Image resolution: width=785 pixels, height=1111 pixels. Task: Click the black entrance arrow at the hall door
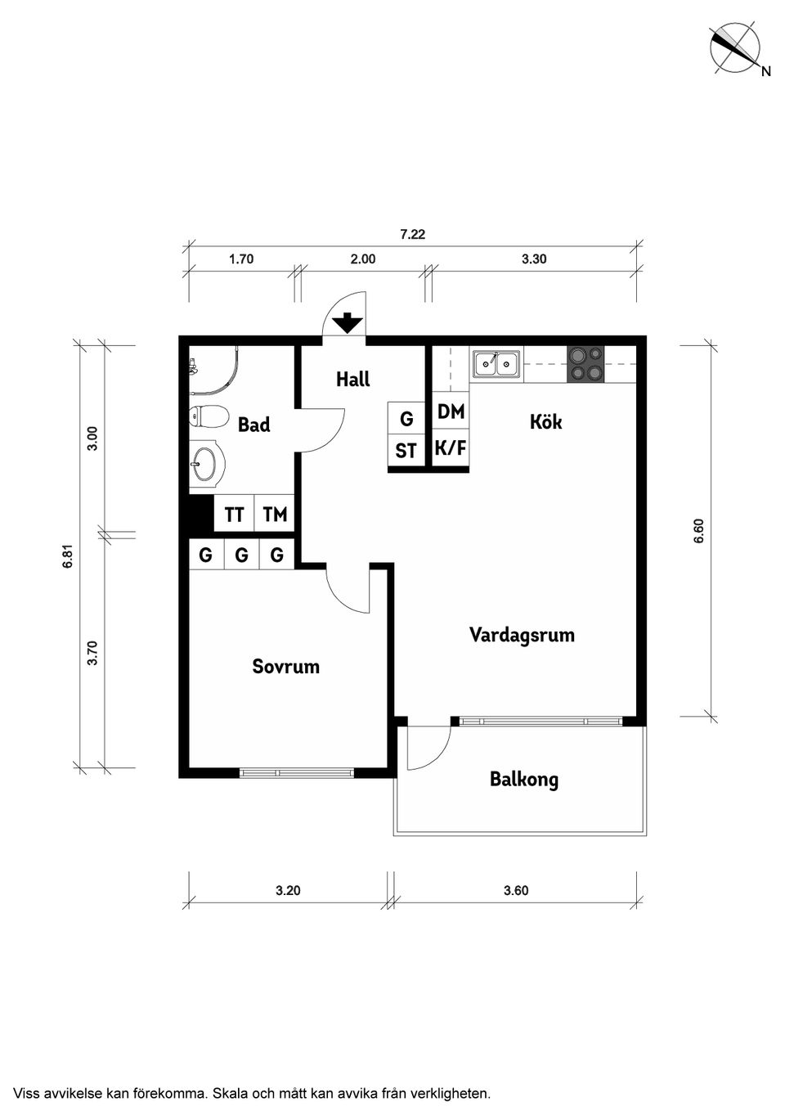pos(348,323)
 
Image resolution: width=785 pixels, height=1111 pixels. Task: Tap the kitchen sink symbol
pos(496,363)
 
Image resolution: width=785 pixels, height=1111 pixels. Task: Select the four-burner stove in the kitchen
pos(585,363)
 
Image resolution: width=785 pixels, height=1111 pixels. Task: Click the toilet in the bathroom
pos(208,417)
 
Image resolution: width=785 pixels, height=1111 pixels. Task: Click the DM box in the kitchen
pos(451,412)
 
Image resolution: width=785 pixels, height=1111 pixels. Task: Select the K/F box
pos(451,448)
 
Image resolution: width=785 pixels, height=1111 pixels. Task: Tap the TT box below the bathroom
pos(234,515)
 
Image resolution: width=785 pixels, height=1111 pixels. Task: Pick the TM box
pos(275,515)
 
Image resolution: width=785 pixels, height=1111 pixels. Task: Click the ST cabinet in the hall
pos(406,451)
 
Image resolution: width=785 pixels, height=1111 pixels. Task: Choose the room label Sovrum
pos(285,667)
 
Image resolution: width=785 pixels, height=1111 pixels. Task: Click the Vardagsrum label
pos(522,635)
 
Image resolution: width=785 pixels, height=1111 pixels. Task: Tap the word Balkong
pos(523,779)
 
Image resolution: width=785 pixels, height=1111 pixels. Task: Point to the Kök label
pos(545,422)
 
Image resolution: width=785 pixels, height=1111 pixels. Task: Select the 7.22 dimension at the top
pos(412,234)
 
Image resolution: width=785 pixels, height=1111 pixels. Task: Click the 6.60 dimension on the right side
pos(698,532)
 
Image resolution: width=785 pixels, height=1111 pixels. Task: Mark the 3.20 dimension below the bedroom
pos(288,891)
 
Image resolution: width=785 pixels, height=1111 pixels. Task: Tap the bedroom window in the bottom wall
pos(297,772)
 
